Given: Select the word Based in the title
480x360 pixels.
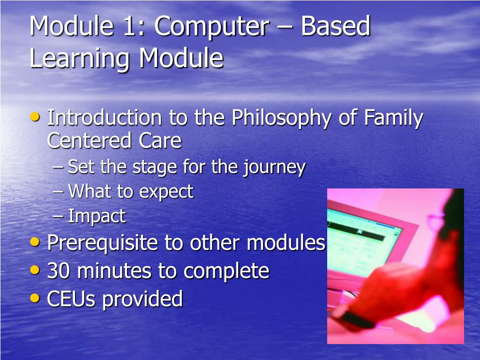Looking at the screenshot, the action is click(x=336, y=26).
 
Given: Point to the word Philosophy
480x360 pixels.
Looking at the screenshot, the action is click(x=282, y=119).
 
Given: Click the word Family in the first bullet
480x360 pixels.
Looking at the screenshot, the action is click(x=393, y=119).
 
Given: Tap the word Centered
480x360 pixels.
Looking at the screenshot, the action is click(x=89, y=141).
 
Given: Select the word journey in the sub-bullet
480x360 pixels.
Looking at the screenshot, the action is click(x=274, y=168).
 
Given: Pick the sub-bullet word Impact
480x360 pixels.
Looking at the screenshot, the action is click(x=97, y=216).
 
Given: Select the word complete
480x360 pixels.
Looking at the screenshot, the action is click(x=226, y=272).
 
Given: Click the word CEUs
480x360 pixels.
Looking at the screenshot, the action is click(x=71, y=299).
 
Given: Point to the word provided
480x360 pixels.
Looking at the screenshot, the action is click(x=142, y=300).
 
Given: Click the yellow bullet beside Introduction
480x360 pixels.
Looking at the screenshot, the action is click(x=35, y=117).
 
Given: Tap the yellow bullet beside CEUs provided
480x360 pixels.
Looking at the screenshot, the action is click(x=35, y=298).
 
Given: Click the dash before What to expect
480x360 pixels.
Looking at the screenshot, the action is click(x=58, y=192).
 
